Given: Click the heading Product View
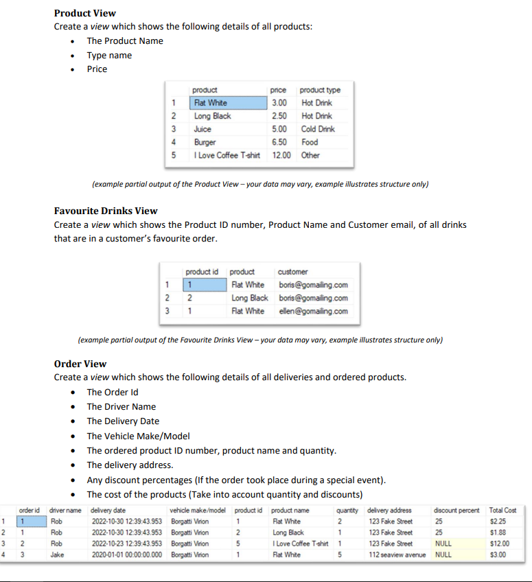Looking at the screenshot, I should tap(84, 13).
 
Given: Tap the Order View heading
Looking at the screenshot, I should tap(80, 364).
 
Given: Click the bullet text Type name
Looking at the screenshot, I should tap(109, 55).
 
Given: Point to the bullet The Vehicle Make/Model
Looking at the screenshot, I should tap(138, 436).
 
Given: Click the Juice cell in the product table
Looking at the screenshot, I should tap(203, 129).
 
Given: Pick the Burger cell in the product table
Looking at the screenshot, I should tap(205, 142).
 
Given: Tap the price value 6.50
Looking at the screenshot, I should tap(279, 142).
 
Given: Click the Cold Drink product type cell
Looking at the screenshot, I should tap(318, 129).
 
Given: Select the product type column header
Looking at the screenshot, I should tap(321, 90).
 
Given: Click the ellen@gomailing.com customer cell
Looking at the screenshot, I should tap(313, 311).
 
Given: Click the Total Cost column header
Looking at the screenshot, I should tap(502, 510).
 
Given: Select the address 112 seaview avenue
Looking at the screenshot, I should tap(398, 555).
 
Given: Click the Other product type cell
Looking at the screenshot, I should tap(310, 155).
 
